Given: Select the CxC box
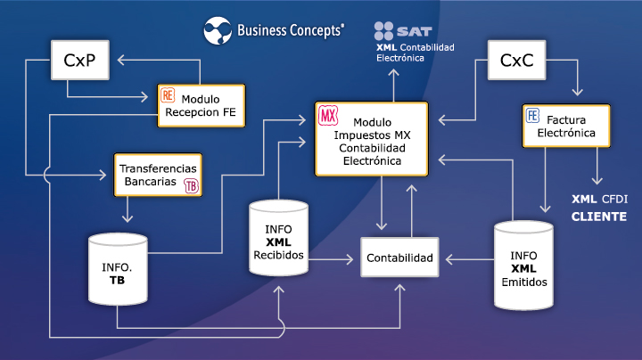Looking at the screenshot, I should pyautogui.click(x=517, y=61).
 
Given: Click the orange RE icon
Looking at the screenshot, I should pyautogui.click(x=168, y=94).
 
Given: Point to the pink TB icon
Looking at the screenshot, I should pyautogui.click(x=191, y=185).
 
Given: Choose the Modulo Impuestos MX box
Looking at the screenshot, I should pyautogui.click(x=371, y=138).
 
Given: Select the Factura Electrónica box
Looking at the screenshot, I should pyautogui.click(x=565, y=127).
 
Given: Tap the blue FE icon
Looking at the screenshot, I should pyautogui.click(x=533, y=116).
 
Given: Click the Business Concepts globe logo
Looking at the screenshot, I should pyautogui.click(x=217, y=29).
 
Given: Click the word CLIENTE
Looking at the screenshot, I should pyautogui.click(x=598, y=217).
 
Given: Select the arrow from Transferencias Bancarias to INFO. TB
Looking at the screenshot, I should pyautogui.click(x=129, y=209).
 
